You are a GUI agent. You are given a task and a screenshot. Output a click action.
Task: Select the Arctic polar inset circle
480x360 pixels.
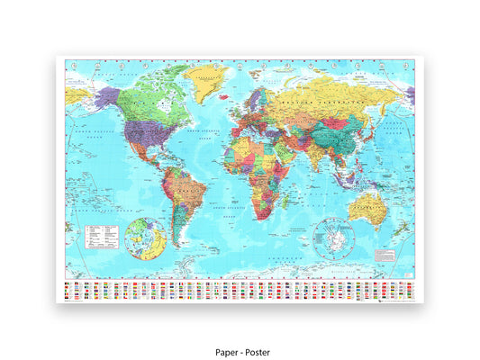pyautogui.click(x=145, y=238)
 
